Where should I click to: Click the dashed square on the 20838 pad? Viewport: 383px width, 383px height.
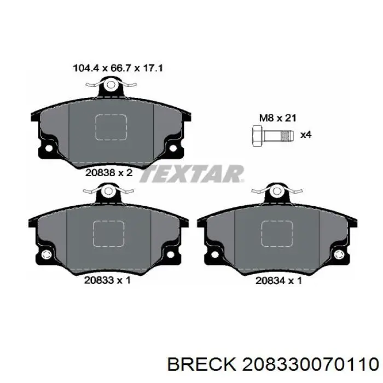pyautogui.click(x=111, y=127)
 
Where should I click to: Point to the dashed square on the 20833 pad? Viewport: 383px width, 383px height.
pyautogui.click(x=108, y=234)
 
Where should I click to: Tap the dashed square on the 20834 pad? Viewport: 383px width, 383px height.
pyautogui.click(x=277, y=234)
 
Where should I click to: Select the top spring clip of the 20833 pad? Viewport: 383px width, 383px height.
pyautogui.click(x=108, y=191)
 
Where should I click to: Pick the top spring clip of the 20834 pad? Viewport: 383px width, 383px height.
pyautogui.click(x=277, y=191)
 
